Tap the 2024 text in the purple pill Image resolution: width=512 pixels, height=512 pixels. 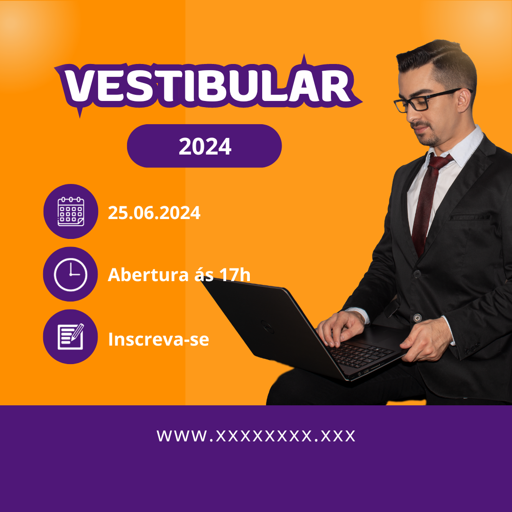tap(205, 146)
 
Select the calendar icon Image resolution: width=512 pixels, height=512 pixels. tap(71, 211)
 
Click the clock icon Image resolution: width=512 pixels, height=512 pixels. tap(71, 274)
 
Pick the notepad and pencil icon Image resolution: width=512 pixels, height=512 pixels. tap(71, 337)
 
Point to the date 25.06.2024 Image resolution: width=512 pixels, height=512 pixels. tap(154, 213)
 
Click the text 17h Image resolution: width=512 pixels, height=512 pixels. tap(235, 274)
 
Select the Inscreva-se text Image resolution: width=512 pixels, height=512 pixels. tap(158, 339)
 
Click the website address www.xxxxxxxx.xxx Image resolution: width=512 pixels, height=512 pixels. tap(256, 436)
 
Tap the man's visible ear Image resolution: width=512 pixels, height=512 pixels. tap(464, 100)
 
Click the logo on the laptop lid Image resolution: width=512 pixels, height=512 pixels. tap(267, 327)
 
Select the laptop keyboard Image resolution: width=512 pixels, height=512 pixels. tap(361, 354)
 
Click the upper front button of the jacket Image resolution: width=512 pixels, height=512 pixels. tap(417, 274)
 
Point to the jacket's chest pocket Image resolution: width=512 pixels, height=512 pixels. tap(470, 217)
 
